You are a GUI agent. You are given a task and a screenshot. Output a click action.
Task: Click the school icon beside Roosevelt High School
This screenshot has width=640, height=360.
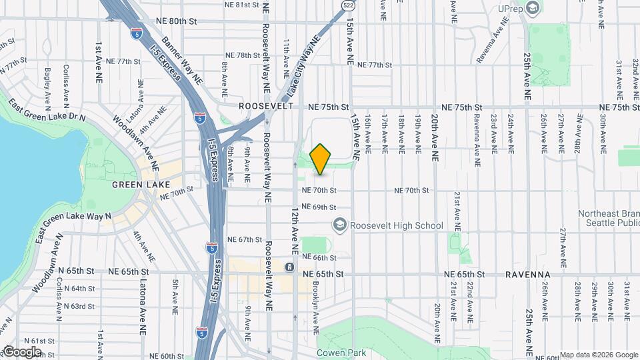[x=339, y=225]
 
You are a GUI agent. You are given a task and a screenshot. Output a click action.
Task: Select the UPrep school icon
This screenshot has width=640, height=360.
[x=532, y=7]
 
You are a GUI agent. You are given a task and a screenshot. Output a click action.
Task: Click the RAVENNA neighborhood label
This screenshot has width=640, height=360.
[x=527, y=274]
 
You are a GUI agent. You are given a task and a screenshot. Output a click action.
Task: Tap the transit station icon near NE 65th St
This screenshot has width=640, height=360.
[x=289, y=267]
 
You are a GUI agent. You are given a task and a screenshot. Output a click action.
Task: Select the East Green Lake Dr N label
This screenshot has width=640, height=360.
[x=47, y=111]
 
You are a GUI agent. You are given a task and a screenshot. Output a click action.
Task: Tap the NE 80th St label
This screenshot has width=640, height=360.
[x=174, y=21]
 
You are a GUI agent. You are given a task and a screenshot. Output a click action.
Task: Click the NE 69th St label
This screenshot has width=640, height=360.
[x=317, y=207]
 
